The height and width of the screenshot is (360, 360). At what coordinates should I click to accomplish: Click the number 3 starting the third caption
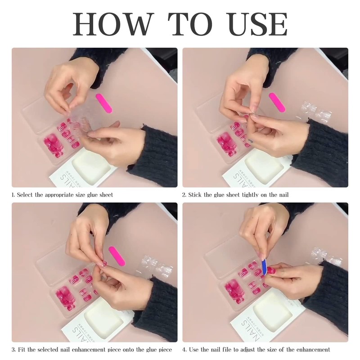click(13, 350)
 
